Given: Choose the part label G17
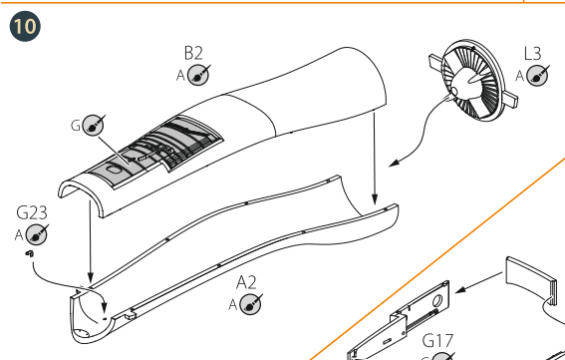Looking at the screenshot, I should point(439,339).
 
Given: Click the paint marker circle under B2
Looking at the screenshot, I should point(199,75).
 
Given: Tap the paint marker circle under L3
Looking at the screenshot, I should point(538,75).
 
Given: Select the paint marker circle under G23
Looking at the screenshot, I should point(37,235).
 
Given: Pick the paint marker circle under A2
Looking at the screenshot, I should point(252,303).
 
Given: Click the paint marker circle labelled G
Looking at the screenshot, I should point(94,125).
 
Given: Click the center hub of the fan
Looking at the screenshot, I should point(459,92).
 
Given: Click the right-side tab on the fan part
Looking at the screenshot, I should point(512,99).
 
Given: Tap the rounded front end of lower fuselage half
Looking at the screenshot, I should point(84,311).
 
